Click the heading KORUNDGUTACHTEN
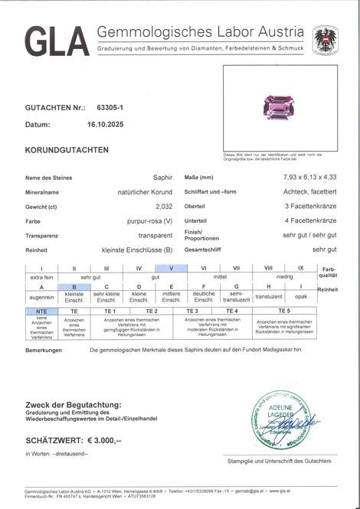click(x=67, y=150)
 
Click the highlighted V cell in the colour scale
click(x=171, y=268)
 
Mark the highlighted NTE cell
click(x=41, y=312)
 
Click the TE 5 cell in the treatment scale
click(x=283, y=312)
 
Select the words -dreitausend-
click(x=77, y=453)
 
